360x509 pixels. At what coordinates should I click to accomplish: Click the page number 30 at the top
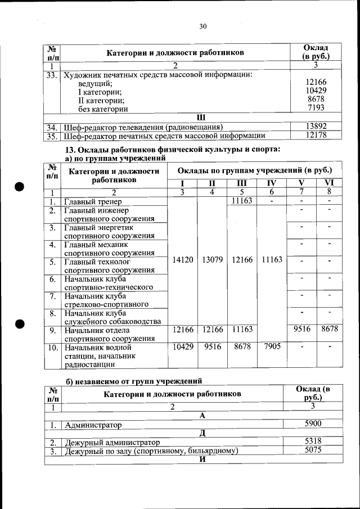tap(203, 26)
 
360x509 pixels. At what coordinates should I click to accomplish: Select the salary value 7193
tap(316, 108)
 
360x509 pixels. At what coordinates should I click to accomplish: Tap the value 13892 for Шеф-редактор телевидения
tap(316, 127)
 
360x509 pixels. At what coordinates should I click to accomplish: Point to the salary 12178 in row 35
tap(316, 136)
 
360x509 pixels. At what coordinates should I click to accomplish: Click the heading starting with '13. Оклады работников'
tap(173, 150)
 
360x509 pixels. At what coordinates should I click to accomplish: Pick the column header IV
tap(271, 183)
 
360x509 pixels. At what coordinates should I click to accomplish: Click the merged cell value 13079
tap(212, 260)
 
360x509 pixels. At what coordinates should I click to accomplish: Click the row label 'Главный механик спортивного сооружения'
tap(109, 249)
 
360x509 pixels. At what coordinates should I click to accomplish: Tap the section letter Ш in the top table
tap(201, 117)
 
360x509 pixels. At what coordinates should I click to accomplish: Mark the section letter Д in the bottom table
tap(201, 433)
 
